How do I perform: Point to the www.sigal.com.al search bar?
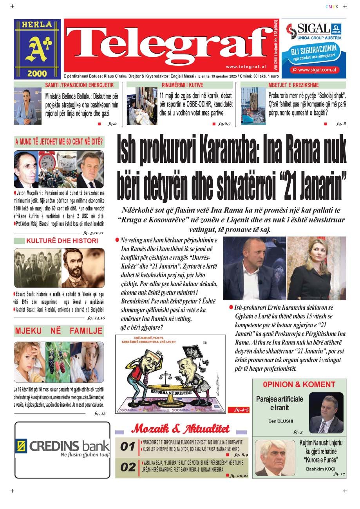pos(314,70)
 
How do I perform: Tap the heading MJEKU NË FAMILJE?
pos(59,331)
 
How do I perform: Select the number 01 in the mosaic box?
pos(128,446)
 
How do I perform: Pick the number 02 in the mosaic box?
pos(128,467)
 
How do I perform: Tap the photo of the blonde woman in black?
pos(317,268)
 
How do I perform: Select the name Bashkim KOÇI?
pos(318,469)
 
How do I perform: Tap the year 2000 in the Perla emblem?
pos(37,73)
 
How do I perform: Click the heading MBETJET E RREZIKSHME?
pos(293,85)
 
